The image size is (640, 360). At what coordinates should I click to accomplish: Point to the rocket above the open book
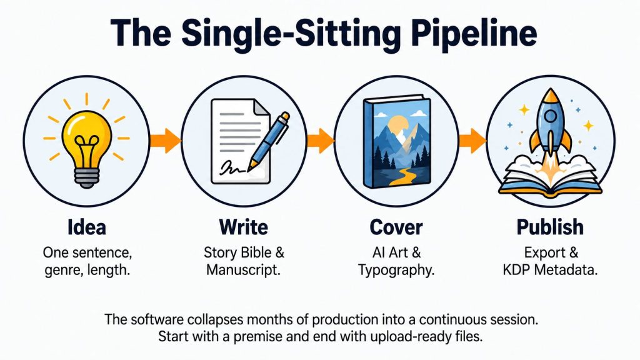pyautogui.click(x=550, y=122)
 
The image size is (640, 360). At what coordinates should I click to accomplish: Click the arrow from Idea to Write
pyautogui.click(x=165, y=141)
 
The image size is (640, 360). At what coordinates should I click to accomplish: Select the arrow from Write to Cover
pyautogui.click(x=321, y=141)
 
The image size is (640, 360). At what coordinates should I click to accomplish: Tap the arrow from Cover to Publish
pyautogui.click(x=472, y=141)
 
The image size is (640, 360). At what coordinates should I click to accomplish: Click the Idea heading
pyautogui.click(x=86, y=227)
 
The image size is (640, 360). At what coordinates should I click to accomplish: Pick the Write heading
pyautogui.click(x=244, y=227)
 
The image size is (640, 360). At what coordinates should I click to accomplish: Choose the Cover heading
pyautogui.click(x=396, y=227)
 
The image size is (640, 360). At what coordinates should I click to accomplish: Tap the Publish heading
pyautogui.click(x=550, y=227)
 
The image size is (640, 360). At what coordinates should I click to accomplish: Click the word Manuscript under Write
pyautogui.click(x=243, y=270)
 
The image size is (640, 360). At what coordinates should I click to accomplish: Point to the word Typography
pyautogui.click(x=396, y=270)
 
